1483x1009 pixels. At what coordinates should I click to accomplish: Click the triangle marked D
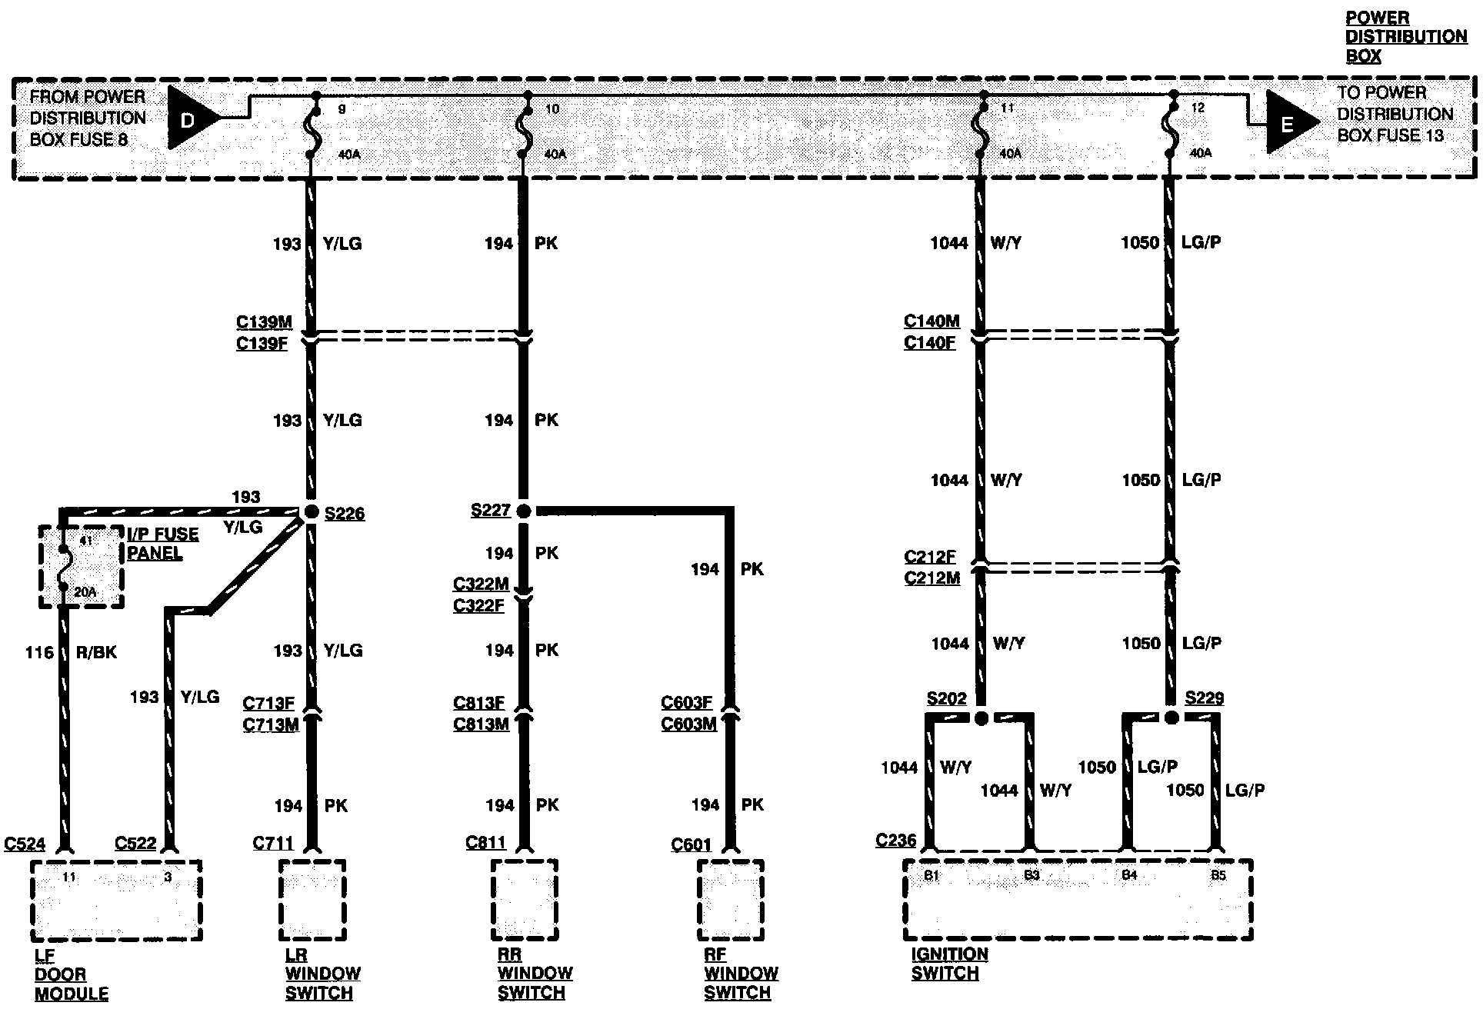coord(189,118)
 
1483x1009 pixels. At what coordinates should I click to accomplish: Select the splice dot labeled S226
coord(311,512)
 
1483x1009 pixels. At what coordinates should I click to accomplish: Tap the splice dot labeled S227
coord(524,511)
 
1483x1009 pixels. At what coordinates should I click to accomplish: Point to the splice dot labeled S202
coord(981,718)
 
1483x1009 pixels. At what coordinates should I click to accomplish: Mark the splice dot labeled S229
coord(1171,718)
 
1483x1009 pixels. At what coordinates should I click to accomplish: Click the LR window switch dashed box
coord(312,899)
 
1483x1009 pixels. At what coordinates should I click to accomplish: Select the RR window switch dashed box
coord(524,899)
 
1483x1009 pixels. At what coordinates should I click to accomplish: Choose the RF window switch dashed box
coord(730,899)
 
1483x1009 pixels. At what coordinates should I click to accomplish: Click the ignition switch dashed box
coord(1077,899)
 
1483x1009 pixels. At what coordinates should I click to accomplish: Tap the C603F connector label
coord(687,703)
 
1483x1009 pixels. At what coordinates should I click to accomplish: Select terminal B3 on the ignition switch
coord(1031,875)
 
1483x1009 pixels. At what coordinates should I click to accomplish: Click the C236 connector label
coord(895,841)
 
